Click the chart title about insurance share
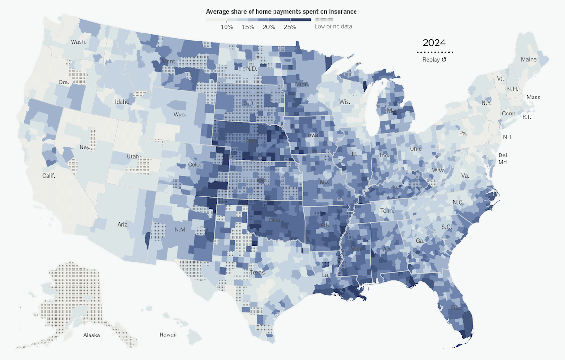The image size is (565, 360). [x=281, y=11]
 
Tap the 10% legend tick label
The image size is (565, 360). [x=227, y=27]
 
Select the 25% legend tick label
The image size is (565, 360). [x=290, y=27]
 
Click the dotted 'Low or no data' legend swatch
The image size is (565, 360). [x=323, y=20]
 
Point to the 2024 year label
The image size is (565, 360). [x=435, y=43]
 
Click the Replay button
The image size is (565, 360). [x=435, y=60]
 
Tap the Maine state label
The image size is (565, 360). [x=528, y=60]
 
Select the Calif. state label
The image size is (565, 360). [x=48, y=176]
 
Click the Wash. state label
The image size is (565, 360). [x=79, y=42]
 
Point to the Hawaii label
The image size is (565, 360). [x=168, y=335]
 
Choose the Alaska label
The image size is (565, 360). [x=92, y=335]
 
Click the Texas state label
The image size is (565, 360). [x=257, y=272]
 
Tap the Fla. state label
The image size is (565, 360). [x=455, y=308]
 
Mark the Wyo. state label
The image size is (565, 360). [x=179, y=115]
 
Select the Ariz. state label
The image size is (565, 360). [x=123, y=225]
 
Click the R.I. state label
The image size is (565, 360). [x=526, y=117]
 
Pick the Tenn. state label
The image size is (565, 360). [x=387, y=211]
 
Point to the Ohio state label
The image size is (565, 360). [x=416, y=149]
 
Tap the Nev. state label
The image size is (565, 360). [x=85, y=147]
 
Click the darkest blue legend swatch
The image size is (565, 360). [x=300, y=20]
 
